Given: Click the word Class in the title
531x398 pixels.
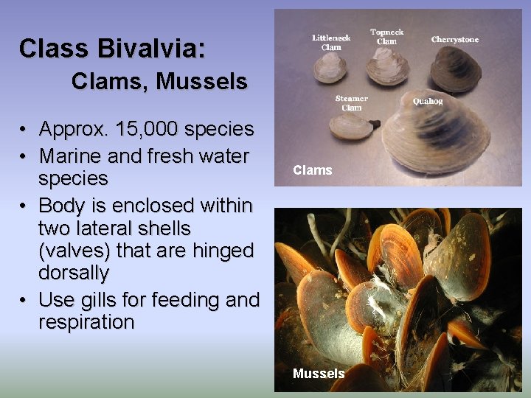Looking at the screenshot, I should pyautogui.click(x=50, y=49).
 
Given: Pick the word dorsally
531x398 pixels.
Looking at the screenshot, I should pyautogui.click(x=74, y=273).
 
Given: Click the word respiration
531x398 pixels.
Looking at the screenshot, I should pyautogui.click(x=86, y=323).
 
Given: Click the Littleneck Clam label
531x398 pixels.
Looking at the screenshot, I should pyautogui.click(x=331, y=42).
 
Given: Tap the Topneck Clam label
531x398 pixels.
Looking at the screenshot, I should pyautogui.click(x=386, y=36).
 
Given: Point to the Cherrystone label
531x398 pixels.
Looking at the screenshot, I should pyautogui.click(x=454, y=39).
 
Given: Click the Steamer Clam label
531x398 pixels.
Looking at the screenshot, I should pyautogui.click(x=351, y=102).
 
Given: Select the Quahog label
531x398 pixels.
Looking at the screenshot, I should pyautogui.click(x=428, y=101).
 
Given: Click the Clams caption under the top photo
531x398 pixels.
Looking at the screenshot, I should pyautogui.click(x=313, y=170).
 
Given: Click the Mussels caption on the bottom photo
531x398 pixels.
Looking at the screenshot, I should pyautogui.click(x=319, y=374).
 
